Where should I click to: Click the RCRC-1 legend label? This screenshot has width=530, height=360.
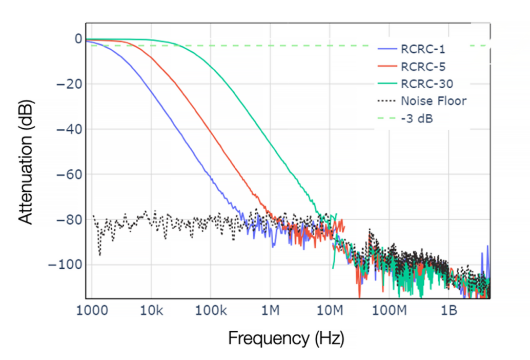[x=423, y=50]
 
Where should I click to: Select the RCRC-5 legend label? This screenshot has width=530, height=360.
[x=423, y=66]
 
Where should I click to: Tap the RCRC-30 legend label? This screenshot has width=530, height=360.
[x=427, y=83]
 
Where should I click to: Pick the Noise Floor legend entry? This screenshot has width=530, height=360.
[x=434, y=101]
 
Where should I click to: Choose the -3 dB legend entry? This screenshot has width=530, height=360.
[x=416, y=117]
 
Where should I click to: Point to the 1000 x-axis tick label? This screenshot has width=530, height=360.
[x=92, y=311]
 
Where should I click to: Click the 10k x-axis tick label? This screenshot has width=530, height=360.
[x=151, y=311]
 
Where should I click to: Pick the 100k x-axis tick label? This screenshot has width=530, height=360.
[x=210, y=311]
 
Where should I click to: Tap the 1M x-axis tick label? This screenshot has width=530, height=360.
[x=270, y=311]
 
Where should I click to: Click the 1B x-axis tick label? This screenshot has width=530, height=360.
[x=449, y=311]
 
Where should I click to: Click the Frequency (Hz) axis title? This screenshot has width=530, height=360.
[x=286, y=338]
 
